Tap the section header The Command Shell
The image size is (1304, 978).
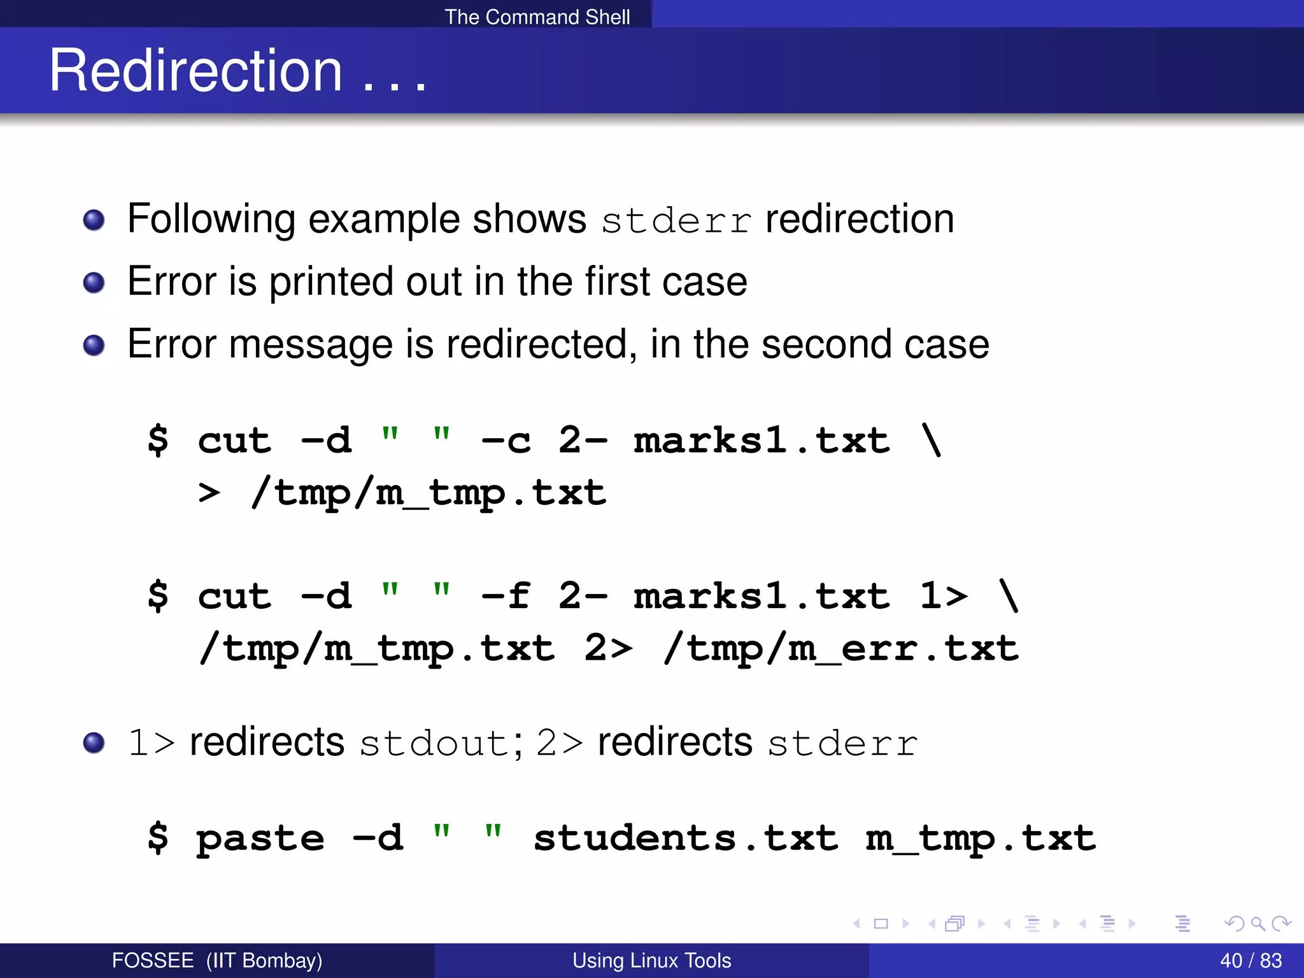(x=537, y=17)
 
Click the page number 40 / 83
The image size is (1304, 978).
(x=1251, y=960)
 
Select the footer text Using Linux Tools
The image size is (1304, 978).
(x=651, y=960)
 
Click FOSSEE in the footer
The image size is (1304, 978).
(x=153, y=960)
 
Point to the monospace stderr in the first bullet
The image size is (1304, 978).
(x=676, y=221)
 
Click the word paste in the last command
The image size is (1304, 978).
(x=260, y=838)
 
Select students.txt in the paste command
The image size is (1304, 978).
(x=686, y=838)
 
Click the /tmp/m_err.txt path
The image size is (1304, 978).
(x=841, y=648)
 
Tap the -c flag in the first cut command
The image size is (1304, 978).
(x=506, y=440)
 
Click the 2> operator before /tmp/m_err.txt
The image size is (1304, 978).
(x=608, y=648)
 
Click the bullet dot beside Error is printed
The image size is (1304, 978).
(x=94, y=282)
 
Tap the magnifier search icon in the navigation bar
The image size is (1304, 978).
(x=1258, y=923)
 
